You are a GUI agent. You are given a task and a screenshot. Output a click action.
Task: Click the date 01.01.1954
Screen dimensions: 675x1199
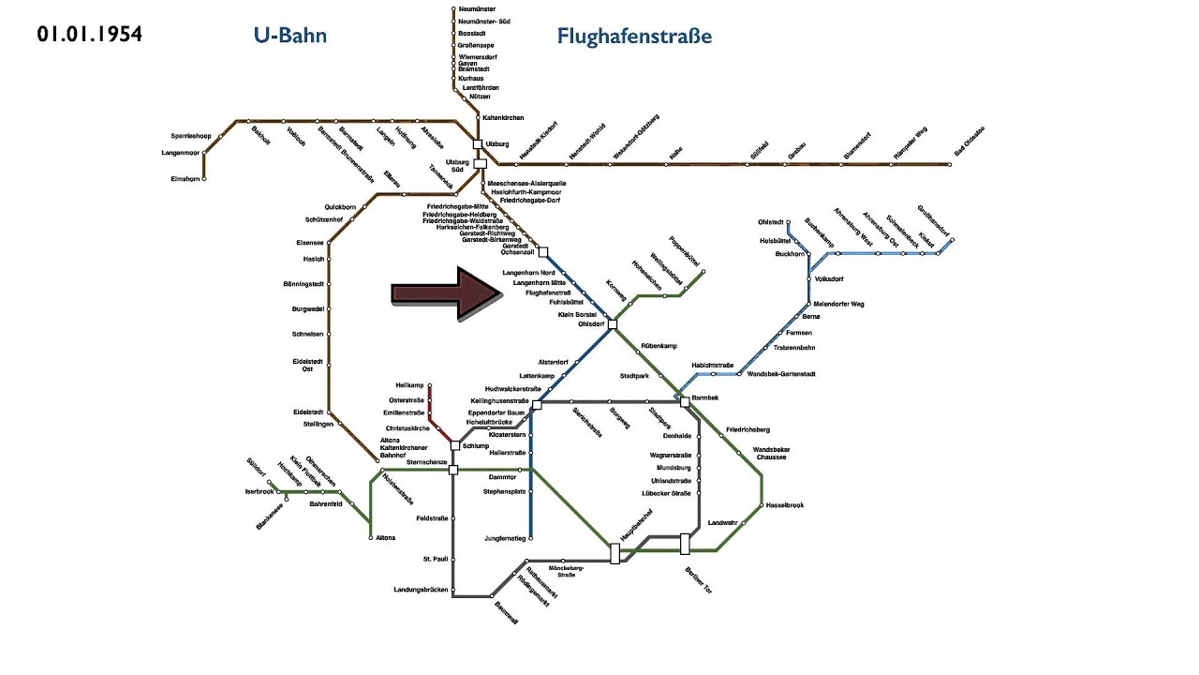point(90,35)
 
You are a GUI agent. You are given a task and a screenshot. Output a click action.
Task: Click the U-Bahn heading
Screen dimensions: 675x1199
point(289,36)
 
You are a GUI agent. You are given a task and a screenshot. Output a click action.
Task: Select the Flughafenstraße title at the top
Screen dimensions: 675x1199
point(634,37)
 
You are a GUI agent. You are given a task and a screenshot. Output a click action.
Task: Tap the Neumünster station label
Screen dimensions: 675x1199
point(476,8)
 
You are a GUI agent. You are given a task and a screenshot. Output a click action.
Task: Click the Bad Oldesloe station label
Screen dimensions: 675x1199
point(970,142)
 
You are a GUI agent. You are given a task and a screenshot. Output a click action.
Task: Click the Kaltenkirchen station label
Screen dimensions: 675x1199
point(503,117)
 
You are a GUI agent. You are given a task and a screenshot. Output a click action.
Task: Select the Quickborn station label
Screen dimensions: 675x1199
point(340,206)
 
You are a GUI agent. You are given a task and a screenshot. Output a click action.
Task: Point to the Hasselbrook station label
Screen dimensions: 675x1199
point(784,505)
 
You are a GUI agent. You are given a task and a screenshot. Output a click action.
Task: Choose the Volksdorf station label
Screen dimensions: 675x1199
point(830,278)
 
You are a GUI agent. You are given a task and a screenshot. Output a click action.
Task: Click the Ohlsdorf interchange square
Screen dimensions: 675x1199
point(612,324)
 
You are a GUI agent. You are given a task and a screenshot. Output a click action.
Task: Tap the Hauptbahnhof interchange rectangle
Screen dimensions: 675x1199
point(615,553)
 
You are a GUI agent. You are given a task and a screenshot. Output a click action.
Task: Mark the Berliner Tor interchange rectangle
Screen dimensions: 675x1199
point(685,544)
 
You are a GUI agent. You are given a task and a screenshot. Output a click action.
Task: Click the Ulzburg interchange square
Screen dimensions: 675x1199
point(478,144)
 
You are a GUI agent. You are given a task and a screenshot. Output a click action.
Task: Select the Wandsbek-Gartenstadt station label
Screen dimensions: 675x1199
point(781,374)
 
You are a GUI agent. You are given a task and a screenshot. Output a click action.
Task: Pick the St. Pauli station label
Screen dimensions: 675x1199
point(435,559)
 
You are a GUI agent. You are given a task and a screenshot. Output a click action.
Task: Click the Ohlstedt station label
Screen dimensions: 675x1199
point(770,222)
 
